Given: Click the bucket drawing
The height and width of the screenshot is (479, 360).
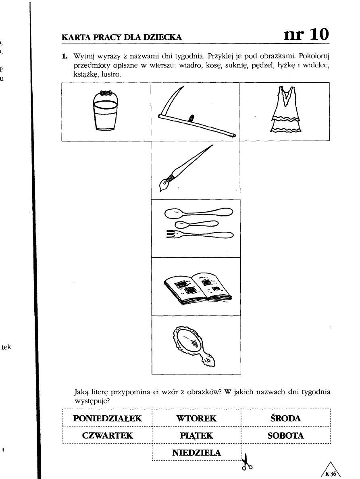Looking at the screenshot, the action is tap(105, 111).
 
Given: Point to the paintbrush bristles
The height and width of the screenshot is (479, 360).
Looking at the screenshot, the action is tap(164, 184).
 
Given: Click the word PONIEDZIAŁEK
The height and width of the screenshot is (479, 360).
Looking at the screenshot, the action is tap(108, 418).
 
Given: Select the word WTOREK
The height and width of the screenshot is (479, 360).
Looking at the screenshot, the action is tap(196, 418).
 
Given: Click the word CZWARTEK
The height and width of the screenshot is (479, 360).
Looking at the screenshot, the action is tap(108, 435).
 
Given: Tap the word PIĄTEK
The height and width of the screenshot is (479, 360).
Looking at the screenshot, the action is tap(196, 435).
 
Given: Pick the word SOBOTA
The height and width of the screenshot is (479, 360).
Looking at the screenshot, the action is tap(285, 435).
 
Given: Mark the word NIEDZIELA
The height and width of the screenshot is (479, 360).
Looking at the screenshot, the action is tap(196, 452).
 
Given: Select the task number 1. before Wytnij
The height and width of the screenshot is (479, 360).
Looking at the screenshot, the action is tap(64, 56).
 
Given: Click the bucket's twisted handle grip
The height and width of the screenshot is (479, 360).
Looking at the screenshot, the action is tap(105, 92).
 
